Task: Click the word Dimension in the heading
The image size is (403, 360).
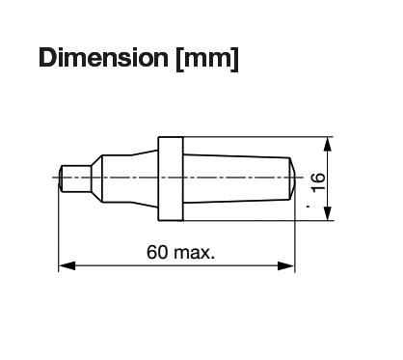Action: (x=103, y=58)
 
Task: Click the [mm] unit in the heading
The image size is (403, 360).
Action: (x=207, y=59)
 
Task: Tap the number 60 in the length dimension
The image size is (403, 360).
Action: (x=157, y=252)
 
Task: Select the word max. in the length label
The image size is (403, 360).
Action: (x=194, y=253)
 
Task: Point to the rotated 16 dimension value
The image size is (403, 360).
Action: (x=318, y=182)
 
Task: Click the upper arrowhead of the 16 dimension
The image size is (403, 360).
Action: (x=327, y=145)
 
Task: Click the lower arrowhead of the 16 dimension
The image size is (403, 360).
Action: (x=327, y=213)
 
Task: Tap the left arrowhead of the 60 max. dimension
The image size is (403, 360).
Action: (x=67, y=265)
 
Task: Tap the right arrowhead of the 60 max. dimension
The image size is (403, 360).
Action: (x=286, y=265)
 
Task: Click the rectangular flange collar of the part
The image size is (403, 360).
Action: (x=171, y=179)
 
